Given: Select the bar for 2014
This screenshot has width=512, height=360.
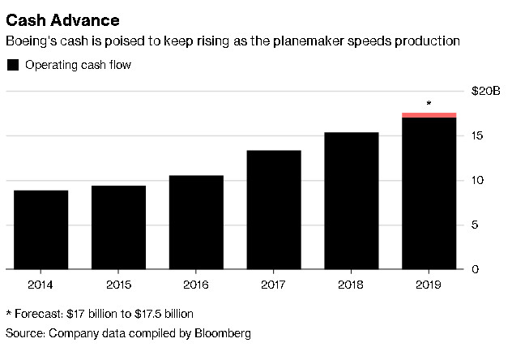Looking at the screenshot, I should (x=41, y=229).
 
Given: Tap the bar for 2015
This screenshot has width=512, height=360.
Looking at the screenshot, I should (x=118, y=227).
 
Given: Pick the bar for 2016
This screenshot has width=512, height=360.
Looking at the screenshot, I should (x=196, y=222).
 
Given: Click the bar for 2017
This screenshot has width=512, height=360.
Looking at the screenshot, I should (x=274, y=209).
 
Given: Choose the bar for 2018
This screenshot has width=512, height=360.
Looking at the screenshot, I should (x=352, y=200).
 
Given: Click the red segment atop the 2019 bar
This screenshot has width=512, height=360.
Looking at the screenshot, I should (x=429, y=115).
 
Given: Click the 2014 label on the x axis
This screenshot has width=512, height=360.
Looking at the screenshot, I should (x=41, y=285).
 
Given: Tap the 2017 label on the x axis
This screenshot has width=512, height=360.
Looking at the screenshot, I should (x=274, y=285).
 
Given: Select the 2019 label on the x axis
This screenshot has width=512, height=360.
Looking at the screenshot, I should (x=429, y=285).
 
